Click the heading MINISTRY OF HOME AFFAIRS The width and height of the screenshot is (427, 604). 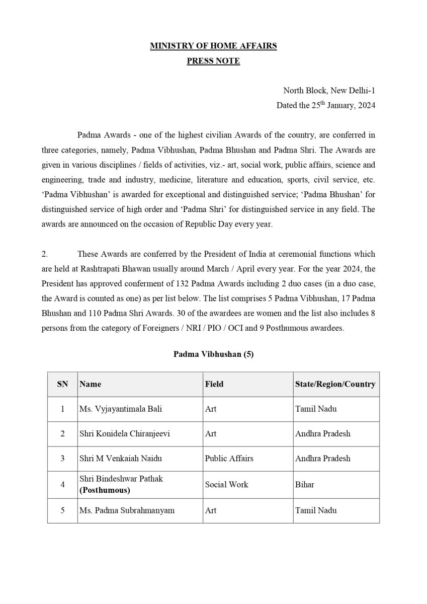coord(213,46)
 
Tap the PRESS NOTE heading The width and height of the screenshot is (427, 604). coord(213,61)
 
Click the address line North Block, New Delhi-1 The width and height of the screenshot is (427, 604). coord(329,91)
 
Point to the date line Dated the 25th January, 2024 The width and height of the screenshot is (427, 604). coord(325,105)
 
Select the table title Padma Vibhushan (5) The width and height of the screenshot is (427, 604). coord(213,354)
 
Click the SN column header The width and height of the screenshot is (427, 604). coord(62,384)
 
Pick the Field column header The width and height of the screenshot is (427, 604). coord(214,384)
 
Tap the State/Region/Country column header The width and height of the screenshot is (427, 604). coord(335,384)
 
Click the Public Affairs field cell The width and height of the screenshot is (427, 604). coord(229,459)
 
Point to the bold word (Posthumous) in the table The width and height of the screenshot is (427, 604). coord(105,490)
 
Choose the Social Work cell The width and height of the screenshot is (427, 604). coord(226,485)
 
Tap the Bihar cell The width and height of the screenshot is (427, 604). coord(305,485)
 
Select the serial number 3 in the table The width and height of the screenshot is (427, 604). coord(62,459)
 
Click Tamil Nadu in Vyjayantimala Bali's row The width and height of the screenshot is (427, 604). coord(316,409)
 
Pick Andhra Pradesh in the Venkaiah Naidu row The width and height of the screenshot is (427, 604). coord(322,459)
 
